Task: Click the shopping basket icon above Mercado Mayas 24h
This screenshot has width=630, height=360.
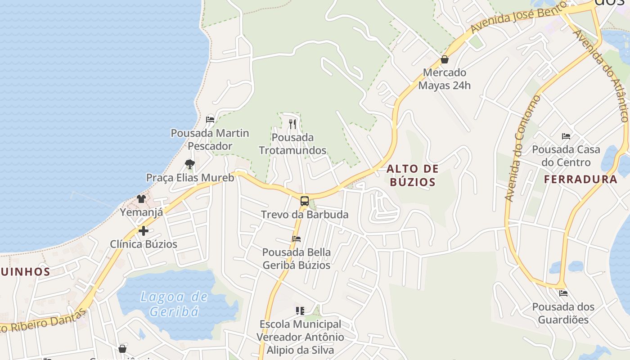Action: [445, 59]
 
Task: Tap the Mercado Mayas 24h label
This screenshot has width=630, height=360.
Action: [445, 79]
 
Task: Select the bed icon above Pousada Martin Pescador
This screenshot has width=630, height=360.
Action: [210, 120]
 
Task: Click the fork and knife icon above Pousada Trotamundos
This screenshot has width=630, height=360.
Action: [292, 124]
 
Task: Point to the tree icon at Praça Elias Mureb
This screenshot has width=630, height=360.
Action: [190, 164]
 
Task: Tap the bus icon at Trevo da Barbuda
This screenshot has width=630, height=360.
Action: [305, 201]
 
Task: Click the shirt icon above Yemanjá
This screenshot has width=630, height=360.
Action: [141, 198]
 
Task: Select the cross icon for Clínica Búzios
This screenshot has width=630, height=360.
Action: [144, 231]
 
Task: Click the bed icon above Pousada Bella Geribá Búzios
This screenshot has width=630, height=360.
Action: [296, 239]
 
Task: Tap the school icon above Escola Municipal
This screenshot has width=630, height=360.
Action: [300, 311]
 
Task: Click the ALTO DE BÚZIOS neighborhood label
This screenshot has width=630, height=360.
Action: [412, 175]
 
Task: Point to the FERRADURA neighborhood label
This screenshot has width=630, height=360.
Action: [580, 179]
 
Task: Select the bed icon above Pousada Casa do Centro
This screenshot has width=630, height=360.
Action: [566, 136]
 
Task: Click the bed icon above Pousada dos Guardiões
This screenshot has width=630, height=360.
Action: [563, 293]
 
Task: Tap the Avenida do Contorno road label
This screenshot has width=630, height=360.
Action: [522, 148]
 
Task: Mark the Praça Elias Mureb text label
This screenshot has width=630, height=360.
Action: [190, 178]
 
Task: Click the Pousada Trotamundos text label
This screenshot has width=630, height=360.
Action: [292, 144]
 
